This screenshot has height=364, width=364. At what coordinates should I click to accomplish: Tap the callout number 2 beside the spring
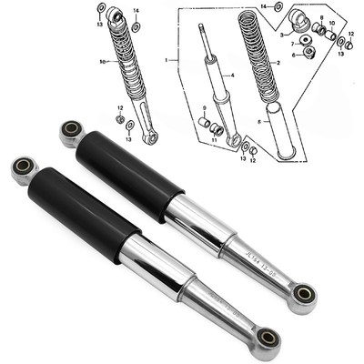276,62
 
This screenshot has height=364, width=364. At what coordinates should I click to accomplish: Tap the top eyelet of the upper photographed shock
72,133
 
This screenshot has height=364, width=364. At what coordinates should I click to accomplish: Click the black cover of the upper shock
127,173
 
